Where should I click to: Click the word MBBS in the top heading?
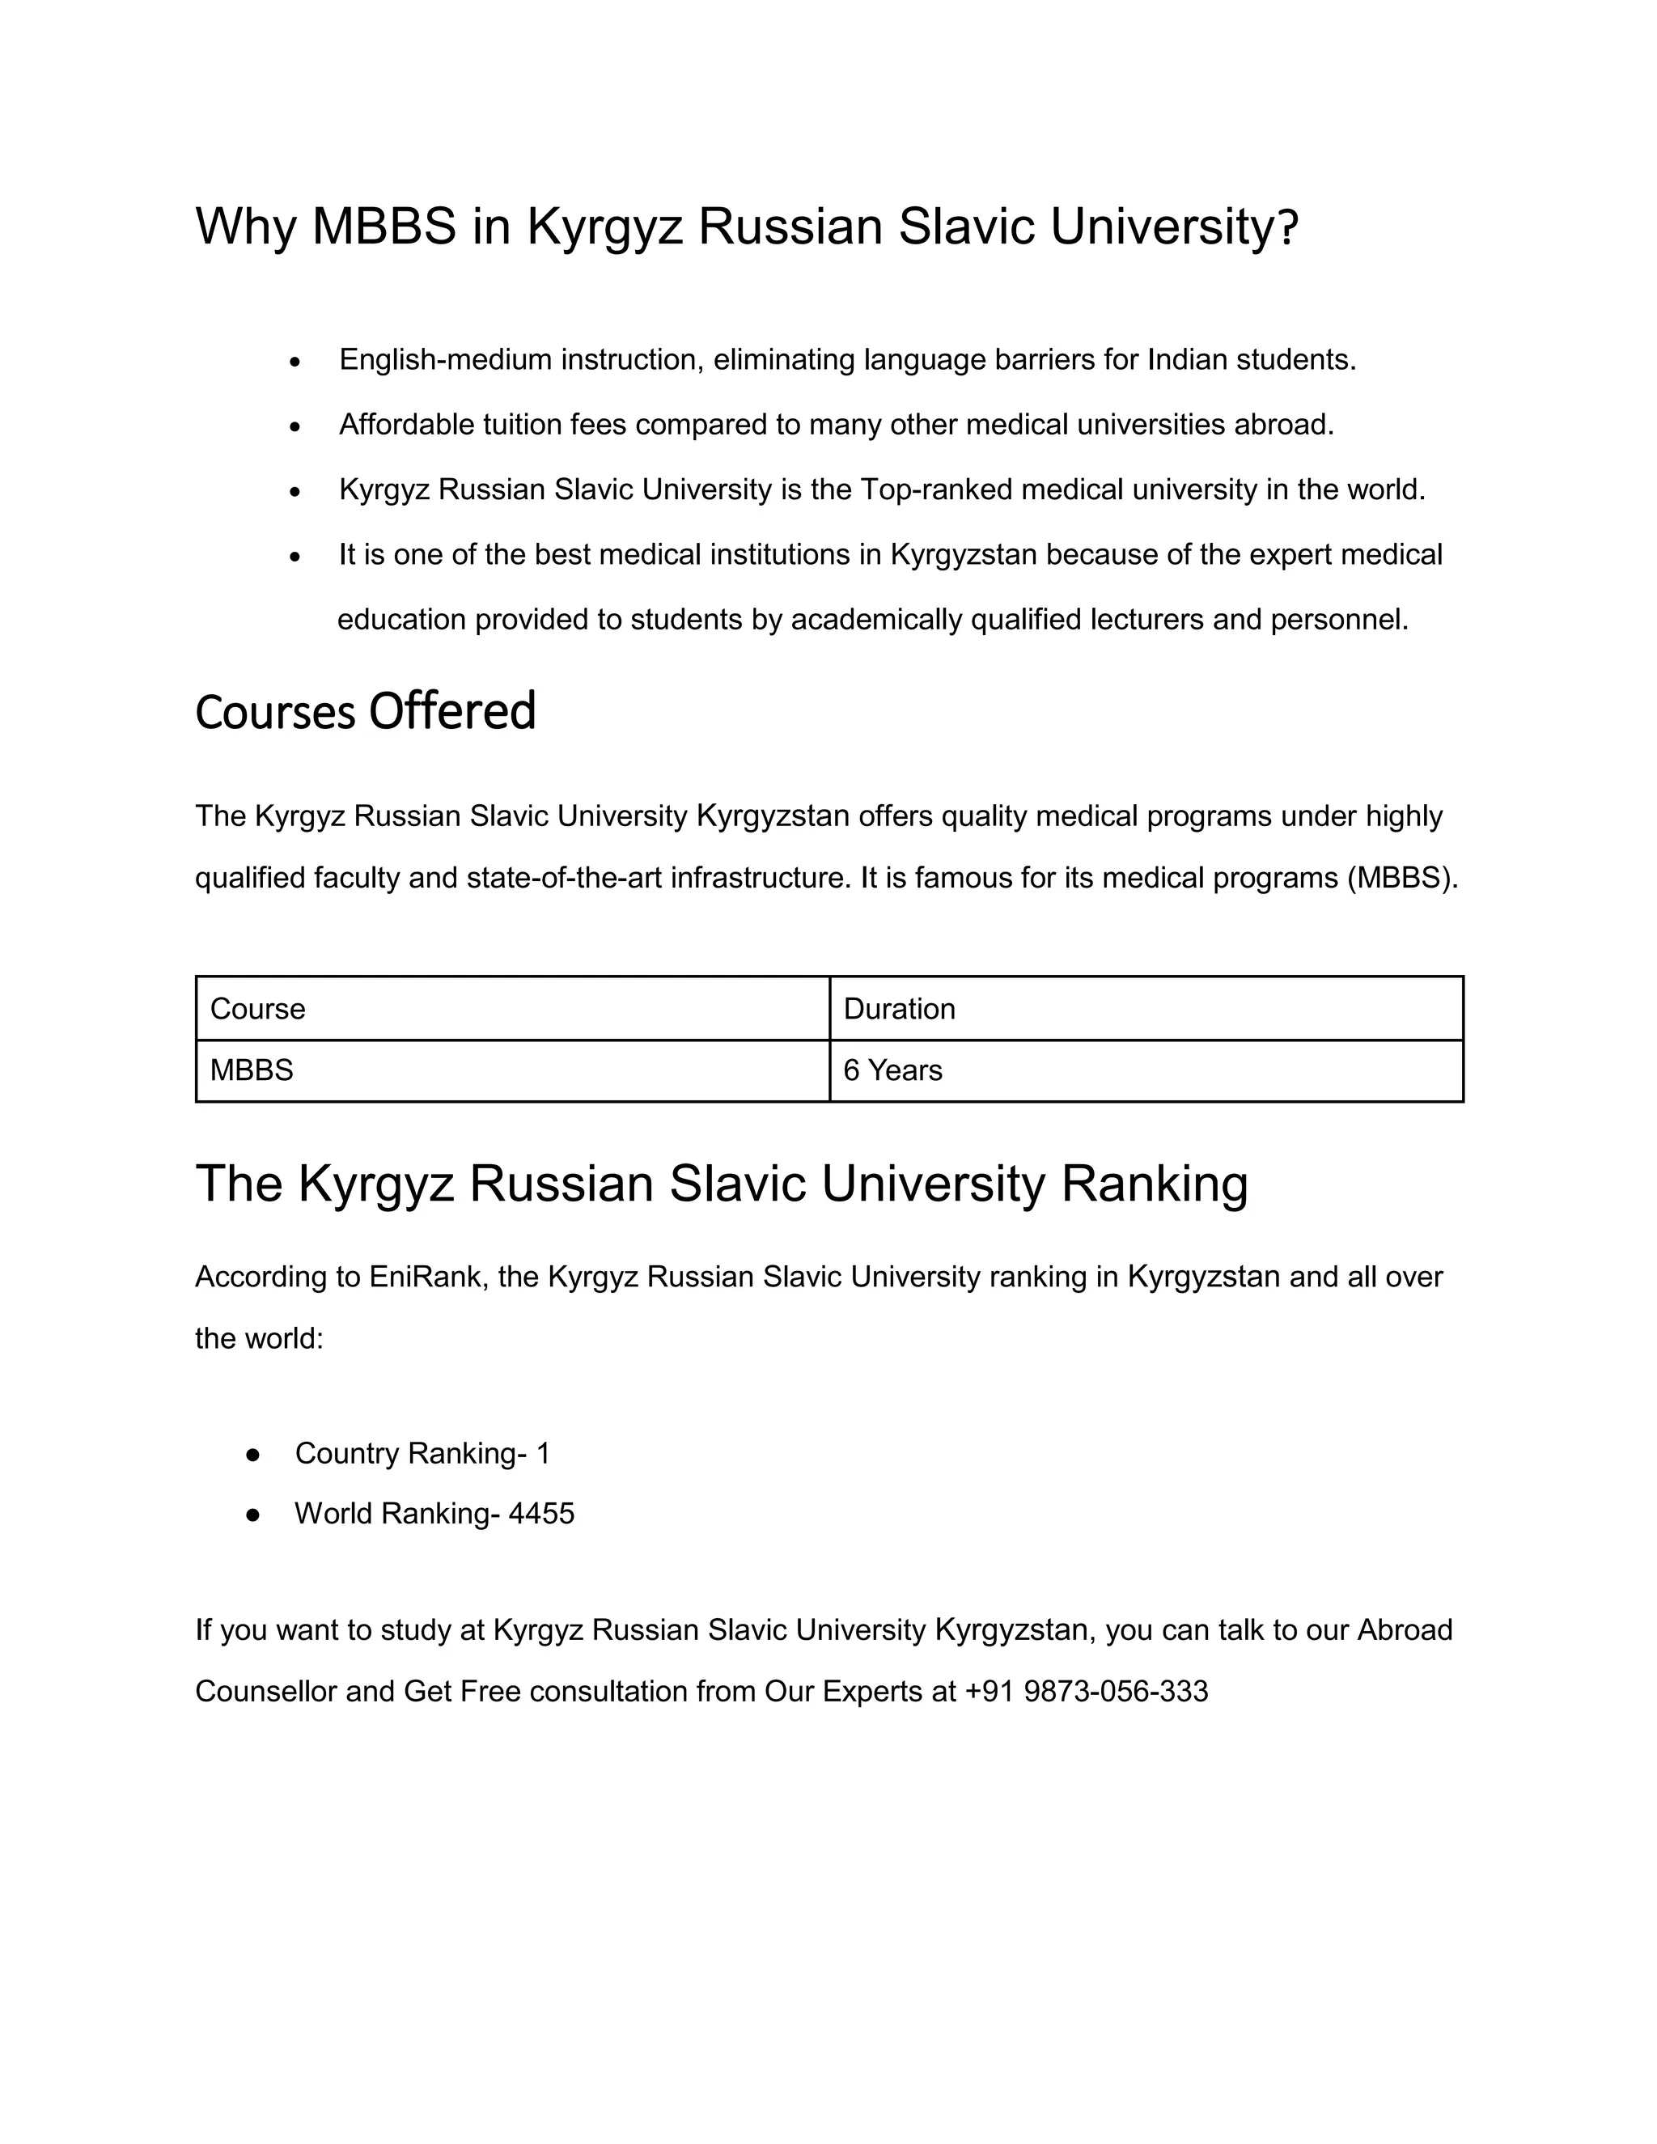pos(384,227)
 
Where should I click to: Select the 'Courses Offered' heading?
pos(365,712)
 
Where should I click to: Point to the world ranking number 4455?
pos(541,1514)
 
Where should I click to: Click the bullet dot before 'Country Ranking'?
pos(252,1454)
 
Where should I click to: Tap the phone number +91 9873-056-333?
pos(1087,1692)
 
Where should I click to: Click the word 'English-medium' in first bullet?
pos(446,360)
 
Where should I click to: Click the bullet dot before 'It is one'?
pos(295,557)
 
